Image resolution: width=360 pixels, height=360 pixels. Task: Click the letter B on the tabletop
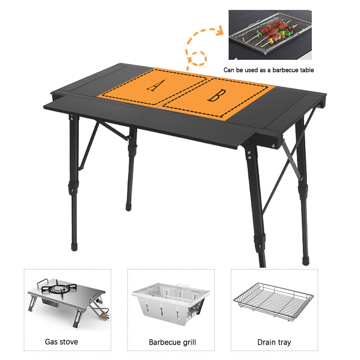[x=217, y=95]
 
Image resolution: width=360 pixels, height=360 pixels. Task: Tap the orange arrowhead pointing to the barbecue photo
[x=220, y=30]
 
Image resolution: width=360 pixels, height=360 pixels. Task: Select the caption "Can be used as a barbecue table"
[x=269, y=70]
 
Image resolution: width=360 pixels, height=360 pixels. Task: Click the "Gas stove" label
[x=62, y=342]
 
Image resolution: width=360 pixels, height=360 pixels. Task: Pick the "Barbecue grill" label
[x=172, y=342]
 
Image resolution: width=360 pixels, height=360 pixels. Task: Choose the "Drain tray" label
[x=274, y=342]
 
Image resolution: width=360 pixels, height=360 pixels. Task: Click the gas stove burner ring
[x=56, y=289]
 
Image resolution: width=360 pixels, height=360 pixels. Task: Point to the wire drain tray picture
[x=274, y=301]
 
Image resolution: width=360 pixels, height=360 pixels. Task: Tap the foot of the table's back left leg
[x=128, y=207]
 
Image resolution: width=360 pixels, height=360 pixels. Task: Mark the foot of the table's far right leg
[x=306, y=261]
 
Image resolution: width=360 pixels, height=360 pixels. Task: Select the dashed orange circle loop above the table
[x=198, y=58]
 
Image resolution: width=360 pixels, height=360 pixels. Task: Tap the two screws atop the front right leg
[x=249, y=154]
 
